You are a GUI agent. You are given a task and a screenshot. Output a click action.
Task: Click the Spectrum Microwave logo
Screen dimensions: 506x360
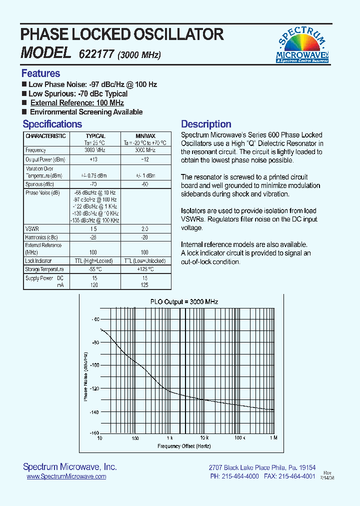tap(302, 45)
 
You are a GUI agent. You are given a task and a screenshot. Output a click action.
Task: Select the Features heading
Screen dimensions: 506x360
tap(40, 73)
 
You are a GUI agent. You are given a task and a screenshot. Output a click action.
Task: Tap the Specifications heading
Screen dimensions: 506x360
tap(52, 124)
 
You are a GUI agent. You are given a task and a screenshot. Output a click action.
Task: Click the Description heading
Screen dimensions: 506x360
tap(206, 124)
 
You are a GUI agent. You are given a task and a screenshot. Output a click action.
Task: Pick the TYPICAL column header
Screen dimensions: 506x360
tap(95, 136)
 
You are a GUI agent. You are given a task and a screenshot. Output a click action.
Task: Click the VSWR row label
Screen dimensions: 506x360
tap(32, 228)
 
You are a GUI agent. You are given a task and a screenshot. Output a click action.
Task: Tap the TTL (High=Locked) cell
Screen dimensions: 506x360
tap(95, 261)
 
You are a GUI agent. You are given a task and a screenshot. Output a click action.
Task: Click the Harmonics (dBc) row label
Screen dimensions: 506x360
tap(41, 237)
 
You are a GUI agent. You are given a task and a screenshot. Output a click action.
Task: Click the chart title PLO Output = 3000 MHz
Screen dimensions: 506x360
tap(184, 302)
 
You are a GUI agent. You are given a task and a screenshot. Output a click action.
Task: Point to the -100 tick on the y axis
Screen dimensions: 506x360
tap(94, 365)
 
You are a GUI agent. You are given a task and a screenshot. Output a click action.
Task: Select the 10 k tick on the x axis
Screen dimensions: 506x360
tap(203, 438)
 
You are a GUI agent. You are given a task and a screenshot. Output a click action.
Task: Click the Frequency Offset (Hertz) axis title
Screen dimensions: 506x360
tap(184, 445)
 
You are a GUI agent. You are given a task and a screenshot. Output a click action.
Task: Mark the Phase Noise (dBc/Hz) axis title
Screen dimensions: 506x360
tap(85, 376)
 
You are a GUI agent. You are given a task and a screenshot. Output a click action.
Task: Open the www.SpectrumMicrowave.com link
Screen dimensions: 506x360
tap(66, 476)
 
